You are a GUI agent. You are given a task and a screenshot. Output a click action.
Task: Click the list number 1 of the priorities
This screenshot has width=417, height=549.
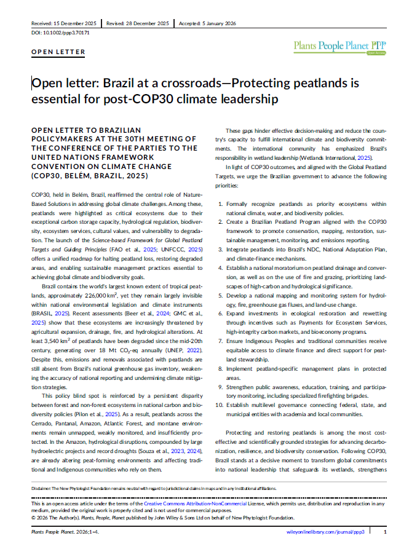pos(221,203)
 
